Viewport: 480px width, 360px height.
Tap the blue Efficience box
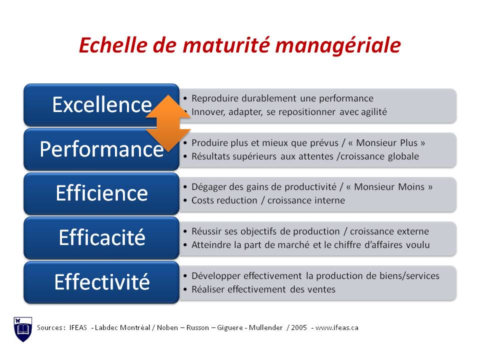coord(101,193)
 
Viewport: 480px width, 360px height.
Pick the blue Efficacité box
coord(101,237)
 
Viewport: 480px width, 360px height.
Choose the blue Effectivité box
coord(101,282)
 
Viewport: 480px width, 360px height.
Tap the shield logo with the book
coord(22,328)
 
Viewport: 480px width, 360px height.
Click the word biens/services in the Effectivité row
coord(408,276)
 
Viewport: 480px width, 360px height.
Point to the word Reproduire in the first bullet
coord(212,98)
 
